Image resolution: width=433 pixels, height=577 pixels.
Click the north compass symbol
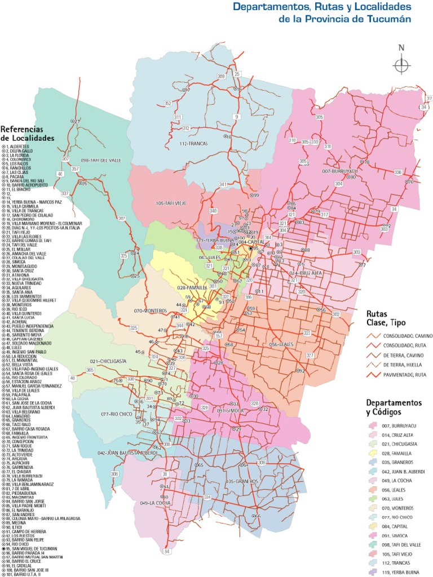(401, 65)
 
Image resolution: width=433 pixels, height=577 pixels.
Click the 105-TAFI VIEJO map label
(172, 203)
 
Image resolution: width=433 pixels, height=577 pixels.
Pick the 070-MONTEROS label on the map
(148, 310)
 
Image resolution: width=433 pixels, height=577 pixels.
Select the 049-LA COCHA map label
(156, 503)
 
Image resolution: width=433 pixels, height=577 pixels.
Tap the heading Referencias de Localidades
(28, 133)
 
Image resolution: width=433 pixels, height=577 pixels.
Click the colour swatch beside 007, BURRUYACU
(373, 427)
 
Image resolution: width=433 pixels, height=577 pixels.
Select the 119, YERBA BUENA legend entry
(402, 573)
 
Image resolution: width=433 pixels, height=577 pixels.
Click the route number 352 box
(168, 104)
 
